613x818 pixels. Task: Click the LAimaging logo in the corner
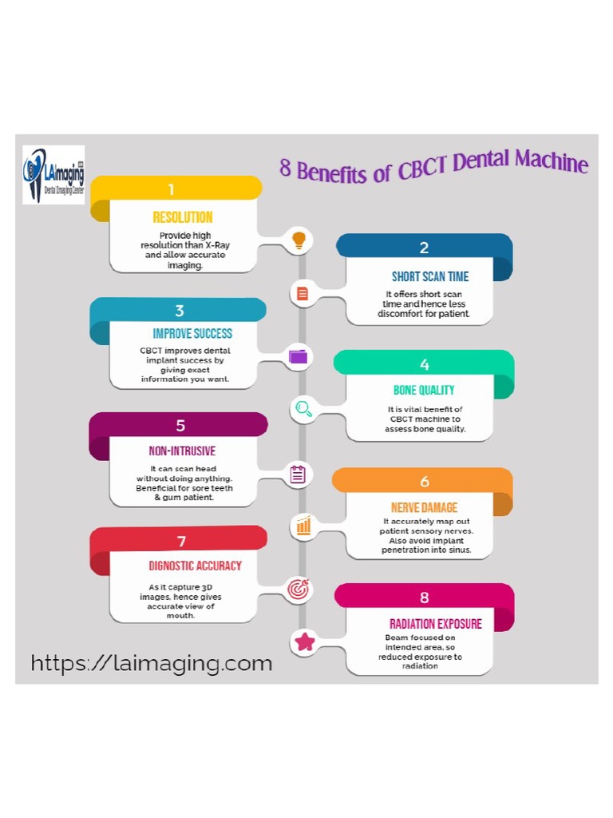pyautogui.click(x=53, y=174)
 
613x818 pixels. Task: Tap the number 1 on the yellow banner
pyautogui.click(x=170, y=189)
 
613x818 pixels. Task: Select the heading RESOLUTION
pyautogui.click(x=183, y=217)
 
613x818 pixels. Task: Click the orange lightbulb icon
pyautogui.click(x=299, y=239)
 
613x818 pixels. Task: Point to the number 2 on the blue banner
pyautogui.click(x=424, y=248)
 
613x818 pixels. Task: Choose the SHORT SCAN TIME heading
pyautogui.click(x=429, y=276)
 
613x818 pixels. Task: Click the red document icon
pyautogui.click(x=302, y=293)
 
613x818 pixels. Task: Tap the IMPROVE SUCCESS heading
pyautogui.click(x=192, y=333)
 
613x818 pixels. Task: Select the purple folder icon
pyautogui.click(x=299, y=356)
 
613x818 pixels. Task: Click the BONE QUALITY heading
pyautogui.click(x=424, y=390)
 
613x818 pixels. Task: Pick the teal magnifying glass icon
pyautogui.click(x=303, y=409)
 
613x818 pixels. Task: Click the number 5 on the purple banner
pyautogui.click(x=180, y=426)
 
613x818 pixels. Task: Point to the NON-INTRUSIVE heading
pyautogui.click(x=182, y=451)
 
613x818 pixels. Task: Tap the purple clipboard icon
pyautogui.click(x=298, y=475)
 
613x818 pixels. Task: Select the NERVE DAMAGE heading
pyautogui.click(x=424, y=507)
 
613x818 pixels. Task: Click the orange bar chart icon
pyautogui.click(x=303, y=526)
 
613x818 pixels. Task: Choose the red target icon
pyautogui.click(x=299, y=590)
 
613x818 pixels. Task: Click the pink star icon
pyautogui.click(x=304, y=641)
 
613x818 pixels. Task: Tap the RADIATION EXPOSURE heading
pyautogui.click(x=436, y=623)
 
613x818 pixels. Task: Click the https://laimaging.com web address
pyautogui.click(x=152, y=663)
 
